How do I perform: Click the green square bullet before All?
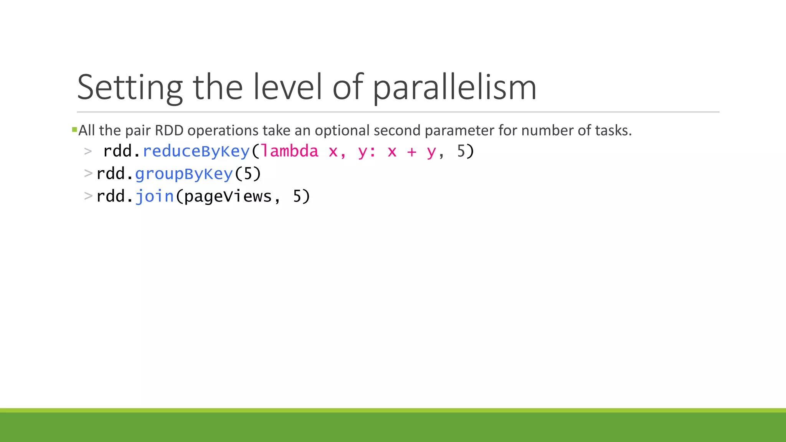[x=74, y=130]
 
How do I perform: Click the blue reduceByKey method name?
[x=196, y=151]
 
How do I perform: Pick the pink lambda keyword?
[x=290, y=151]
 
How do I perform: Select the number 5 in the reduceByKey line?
[x=461, y=151]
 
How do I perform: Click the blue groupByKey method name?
[x=184, y=174]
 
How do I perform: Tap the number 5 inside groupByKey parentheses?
[x=248, y=174]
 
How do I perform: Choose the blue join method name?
[x=155, y=196]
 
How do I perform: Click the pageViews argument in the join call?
[x=228, y=196]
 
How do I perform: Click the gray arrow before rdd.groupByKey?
[x=88, y=173]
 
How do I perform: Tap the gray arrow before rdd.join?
[x=88, y=196]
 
